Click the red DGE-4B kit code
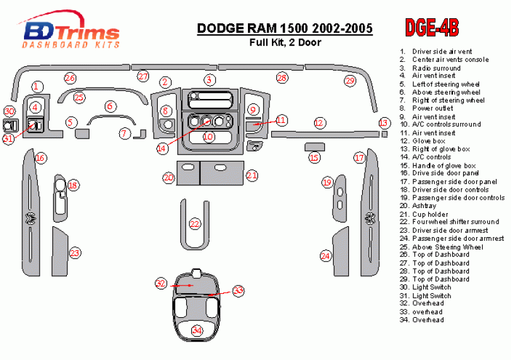coord(432,27)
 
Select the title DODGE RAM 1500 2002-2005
coord(285,28)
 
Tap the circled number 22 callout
coord(195,224)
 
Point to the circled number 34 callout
coord(197,330)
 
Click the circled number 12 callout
coord(319,122)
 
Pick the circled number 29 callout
coord(349,81)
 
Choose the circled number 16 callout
coord(40,158)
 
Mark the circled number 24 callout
coord(326,256)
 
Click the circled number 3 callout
coord(209,79)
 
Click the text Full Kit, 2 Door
coord(285,43)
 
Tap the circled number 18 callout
coord(73,185)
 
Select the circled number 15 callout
coord(314,158)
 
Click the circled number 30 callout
coord(9,112)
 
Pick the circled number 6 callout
coord(110,107)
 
